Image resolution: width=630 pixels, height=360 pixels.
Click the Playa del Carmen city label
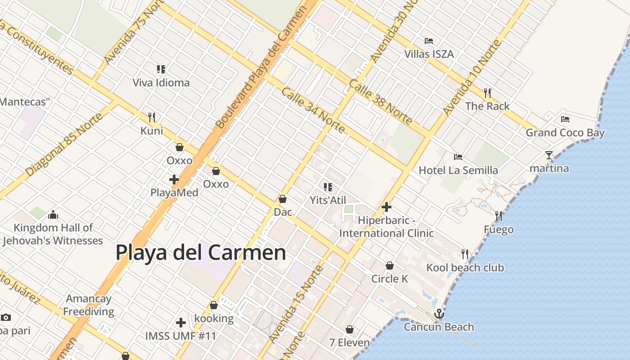pos(201,252)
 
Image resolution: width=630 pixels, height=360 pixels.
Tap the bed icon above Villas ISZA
pos(429,41)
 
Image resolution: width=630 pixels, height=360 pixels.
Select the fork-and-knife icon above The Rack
pos(487,93)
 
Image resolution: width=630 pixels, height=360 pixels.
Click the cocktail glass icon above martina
pos(549,155)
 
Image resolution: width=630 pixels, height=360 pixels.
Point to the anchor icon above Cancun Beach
pos(439,314)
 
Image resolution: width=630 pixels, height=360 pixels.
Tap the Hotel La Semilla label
pos(458,170)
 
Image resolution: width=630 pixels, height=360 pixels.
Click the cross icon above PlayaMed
pos(174,180)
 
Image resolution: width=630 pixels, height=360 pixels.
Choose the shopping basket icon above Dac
pos(283,199)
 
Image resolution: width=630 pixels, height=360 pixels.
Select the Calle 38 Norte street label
pos(380,102)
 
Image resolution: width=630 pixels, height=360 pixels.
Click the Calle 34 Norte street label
pos(313,110)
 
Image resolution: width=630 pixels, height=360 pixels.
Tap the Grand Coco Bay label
pos(565,133)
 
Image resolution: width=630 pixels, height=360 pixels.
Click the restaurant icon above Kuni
pos(152,117)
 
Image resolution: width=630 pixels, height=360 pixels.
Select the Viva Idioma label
pos(161,83)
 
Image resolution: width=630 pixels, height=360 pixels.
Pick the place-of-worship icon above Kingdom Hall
pos(53,214)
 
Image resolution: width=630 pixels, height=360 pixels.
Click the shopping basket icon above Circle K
pos(390,265)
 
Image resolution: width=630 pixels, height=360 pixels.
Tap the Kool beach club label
pos(465,268)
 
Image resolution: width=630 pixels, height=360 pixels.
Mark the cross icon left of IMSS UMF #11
pos(181,323)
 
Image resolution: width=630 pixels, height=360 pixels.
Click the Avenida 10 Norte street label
pos(471,77)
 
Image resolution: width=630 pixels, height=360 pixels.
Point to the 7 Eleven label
pos(349,342)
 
